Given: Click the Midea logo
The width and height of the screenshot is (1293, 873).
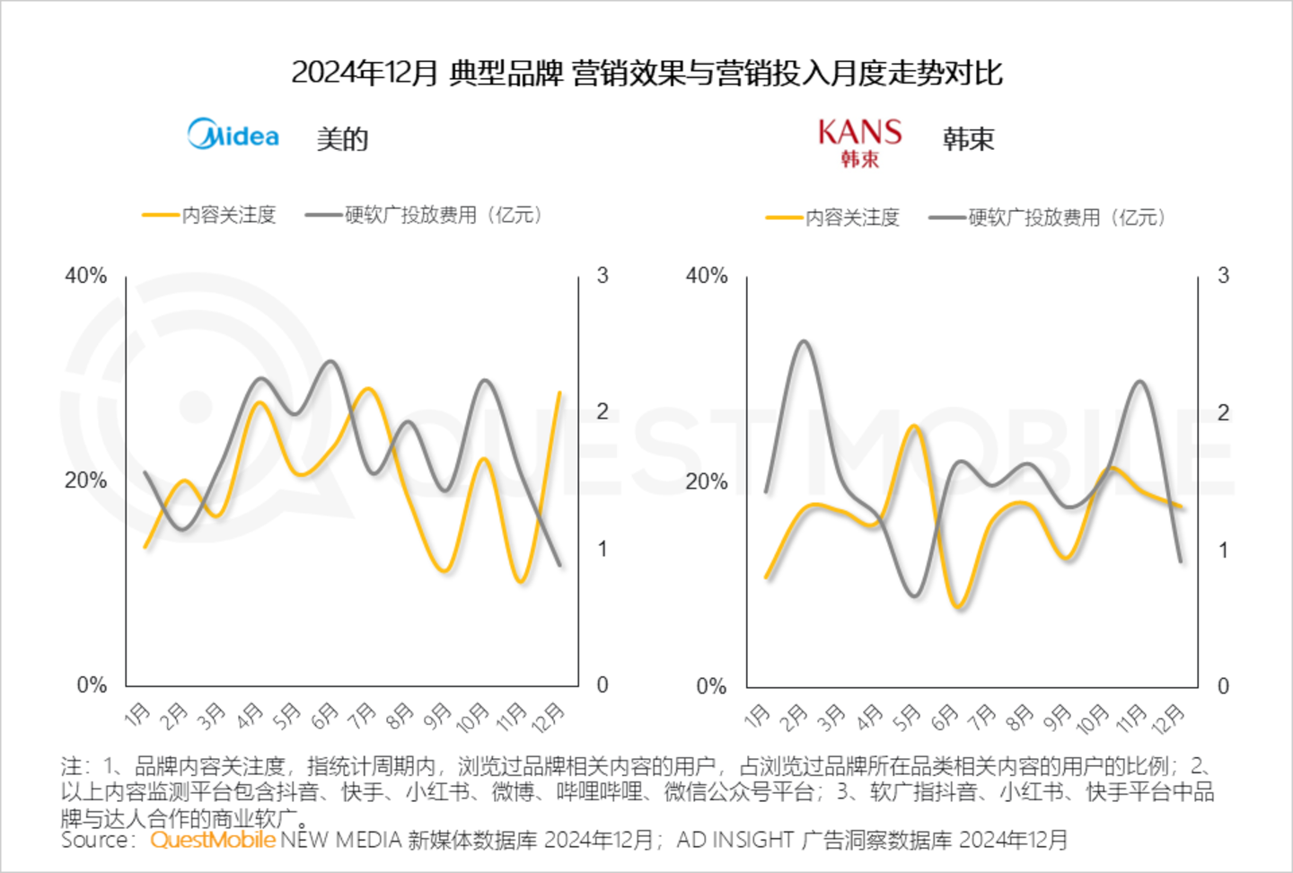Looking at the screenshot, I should click(233, 136).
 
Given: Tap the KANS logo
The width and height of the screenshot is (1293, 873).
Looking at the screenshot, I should click(859, 142).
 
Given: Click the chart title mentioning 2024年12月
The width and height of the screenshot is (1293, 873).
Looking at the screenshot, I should click(646, 73).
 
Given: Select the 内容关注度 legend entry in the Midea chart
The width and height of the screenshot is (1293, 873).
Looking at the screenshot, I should click(210, 216).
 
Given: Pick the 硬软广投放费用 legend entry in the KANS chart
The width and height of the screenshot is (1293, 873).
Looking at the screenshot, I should click(1047, 218).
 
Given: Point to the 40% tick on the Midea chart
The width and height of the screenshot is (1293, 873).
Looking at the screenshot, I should click(85, 276).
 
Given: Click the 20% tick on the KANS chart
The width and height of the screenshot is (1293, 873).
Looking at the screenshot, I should click(707, 481).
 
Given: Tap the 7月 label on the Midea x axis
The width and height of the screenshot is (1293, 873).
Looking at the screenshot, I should click(363, 715).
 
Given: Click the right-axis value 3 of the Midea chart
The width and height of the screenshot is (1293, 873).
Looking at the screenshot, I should click(603, 276).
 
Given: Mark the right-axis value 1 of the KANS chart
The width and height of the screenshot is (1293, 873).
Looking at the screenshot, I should click(1223, 550).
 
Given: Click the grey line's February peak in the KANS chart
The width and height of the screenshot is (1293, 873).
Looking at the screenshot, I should click(804, 341).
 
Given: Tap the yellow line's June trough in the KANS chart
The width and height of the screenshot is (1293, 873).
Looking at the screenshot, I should click(960, 607).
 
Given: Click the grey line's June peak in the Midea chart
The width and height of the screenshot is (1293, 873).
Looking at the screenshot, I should click(330, 362).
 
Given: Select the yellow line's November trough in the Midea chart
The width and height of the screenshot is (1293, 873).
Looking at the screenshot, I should click(520, 581).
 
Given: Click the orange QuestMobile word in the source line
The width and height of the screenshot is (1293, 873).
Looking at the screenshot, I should click(213, 841).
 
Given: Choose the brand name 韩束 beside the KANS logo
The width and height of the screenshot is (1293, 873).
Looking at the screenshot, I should click(968, 139).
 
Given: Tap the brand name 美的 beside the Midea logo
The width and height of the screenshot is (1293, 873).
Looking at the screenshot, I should click(342, 139).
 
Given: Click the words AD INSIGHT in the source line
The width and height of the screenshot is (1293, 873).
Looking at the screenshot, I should click(735, 841).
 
